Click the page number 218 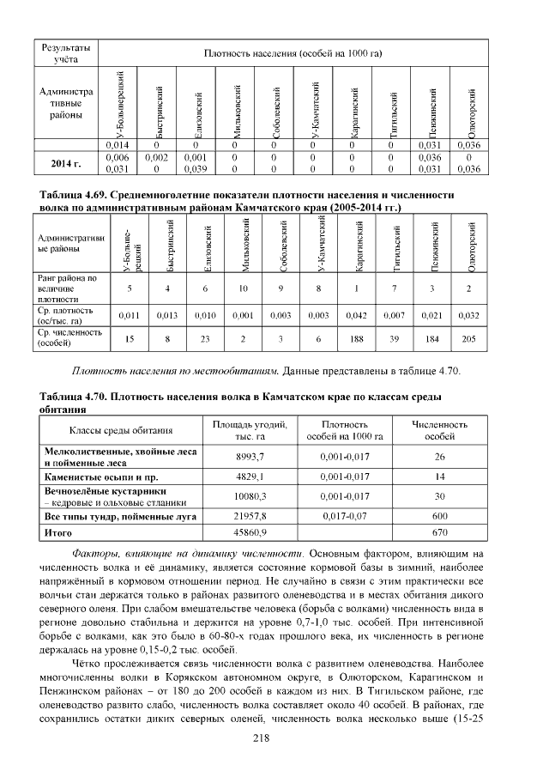(274, 738)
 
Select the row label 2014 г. (66, 163)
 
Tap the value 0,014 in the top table (116, 145)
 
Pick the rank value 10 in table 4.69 (244, 289)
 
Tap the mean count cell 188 (356, 338)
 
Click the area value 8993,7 (249, 456)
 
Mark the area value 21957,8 (249, 517)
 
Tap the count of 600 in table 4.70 (439, 517)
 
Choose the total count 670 (439, 533)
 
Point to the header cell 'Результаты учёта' (66, 53)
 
